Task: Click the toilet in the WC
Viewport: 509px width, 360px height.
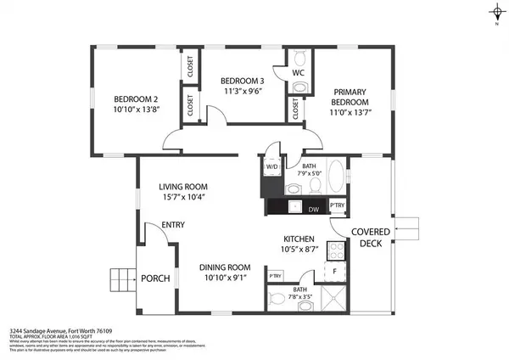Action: coord(299,58)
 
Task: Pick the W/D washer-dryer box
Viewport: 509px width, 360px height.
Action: coord(272,167)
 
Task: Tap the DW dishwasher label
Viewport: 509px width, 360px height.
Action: coord(313,208)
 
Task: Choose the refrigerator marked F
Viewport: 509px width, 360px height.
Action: coord(336,273)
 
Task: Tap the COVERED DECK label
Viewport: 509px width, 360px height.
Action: coord(372,237)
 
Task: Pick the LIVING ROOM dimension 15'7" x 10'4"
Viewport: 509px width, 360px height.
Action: coord(183,198)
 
